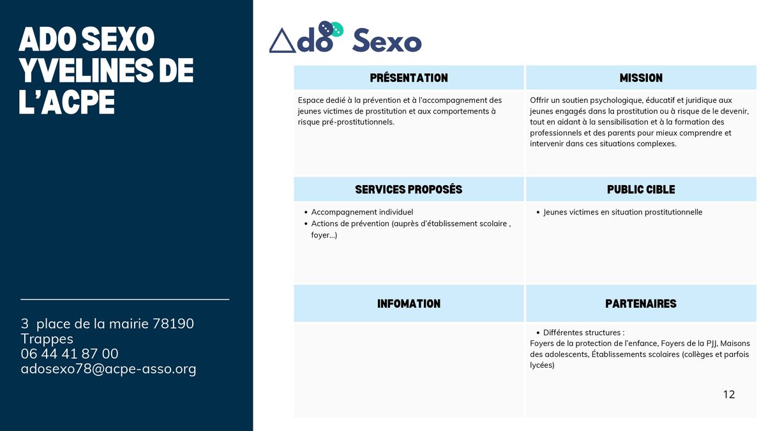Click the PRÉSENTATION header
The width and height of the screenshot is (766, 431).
point(409,78)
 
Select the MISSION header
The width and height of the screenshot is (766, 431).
point(641,78)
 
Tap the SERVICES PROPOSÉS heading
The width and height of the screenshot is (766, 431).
point(409,189)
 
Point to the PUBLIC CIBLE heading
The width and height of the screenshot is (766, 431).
point(641,189)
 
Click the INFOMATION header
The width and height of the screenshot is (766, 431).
point(409,303)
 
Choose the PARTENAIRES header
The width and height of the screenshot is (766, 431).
point(641,303)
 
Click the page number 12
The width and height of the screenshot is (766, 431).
point(729,395)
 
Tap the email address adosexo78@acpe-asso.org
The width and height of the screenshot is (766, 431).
point(109,369)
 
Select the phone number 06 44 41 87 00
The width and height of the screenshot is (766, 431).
point(70,354)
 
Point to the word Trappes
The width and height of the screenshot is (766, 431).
point(47,339)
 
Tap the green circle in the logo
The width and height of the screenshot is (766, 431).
point(337,29)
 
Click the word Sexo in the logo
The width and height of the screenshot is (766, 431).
point(387,41)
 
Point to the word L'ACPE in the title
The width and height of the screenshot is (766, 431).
point(66,102)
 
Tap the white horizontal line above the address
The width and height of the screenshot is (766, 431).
point(125,299)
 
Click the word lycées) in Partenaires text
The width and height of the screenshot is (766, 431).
point(542,365)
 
